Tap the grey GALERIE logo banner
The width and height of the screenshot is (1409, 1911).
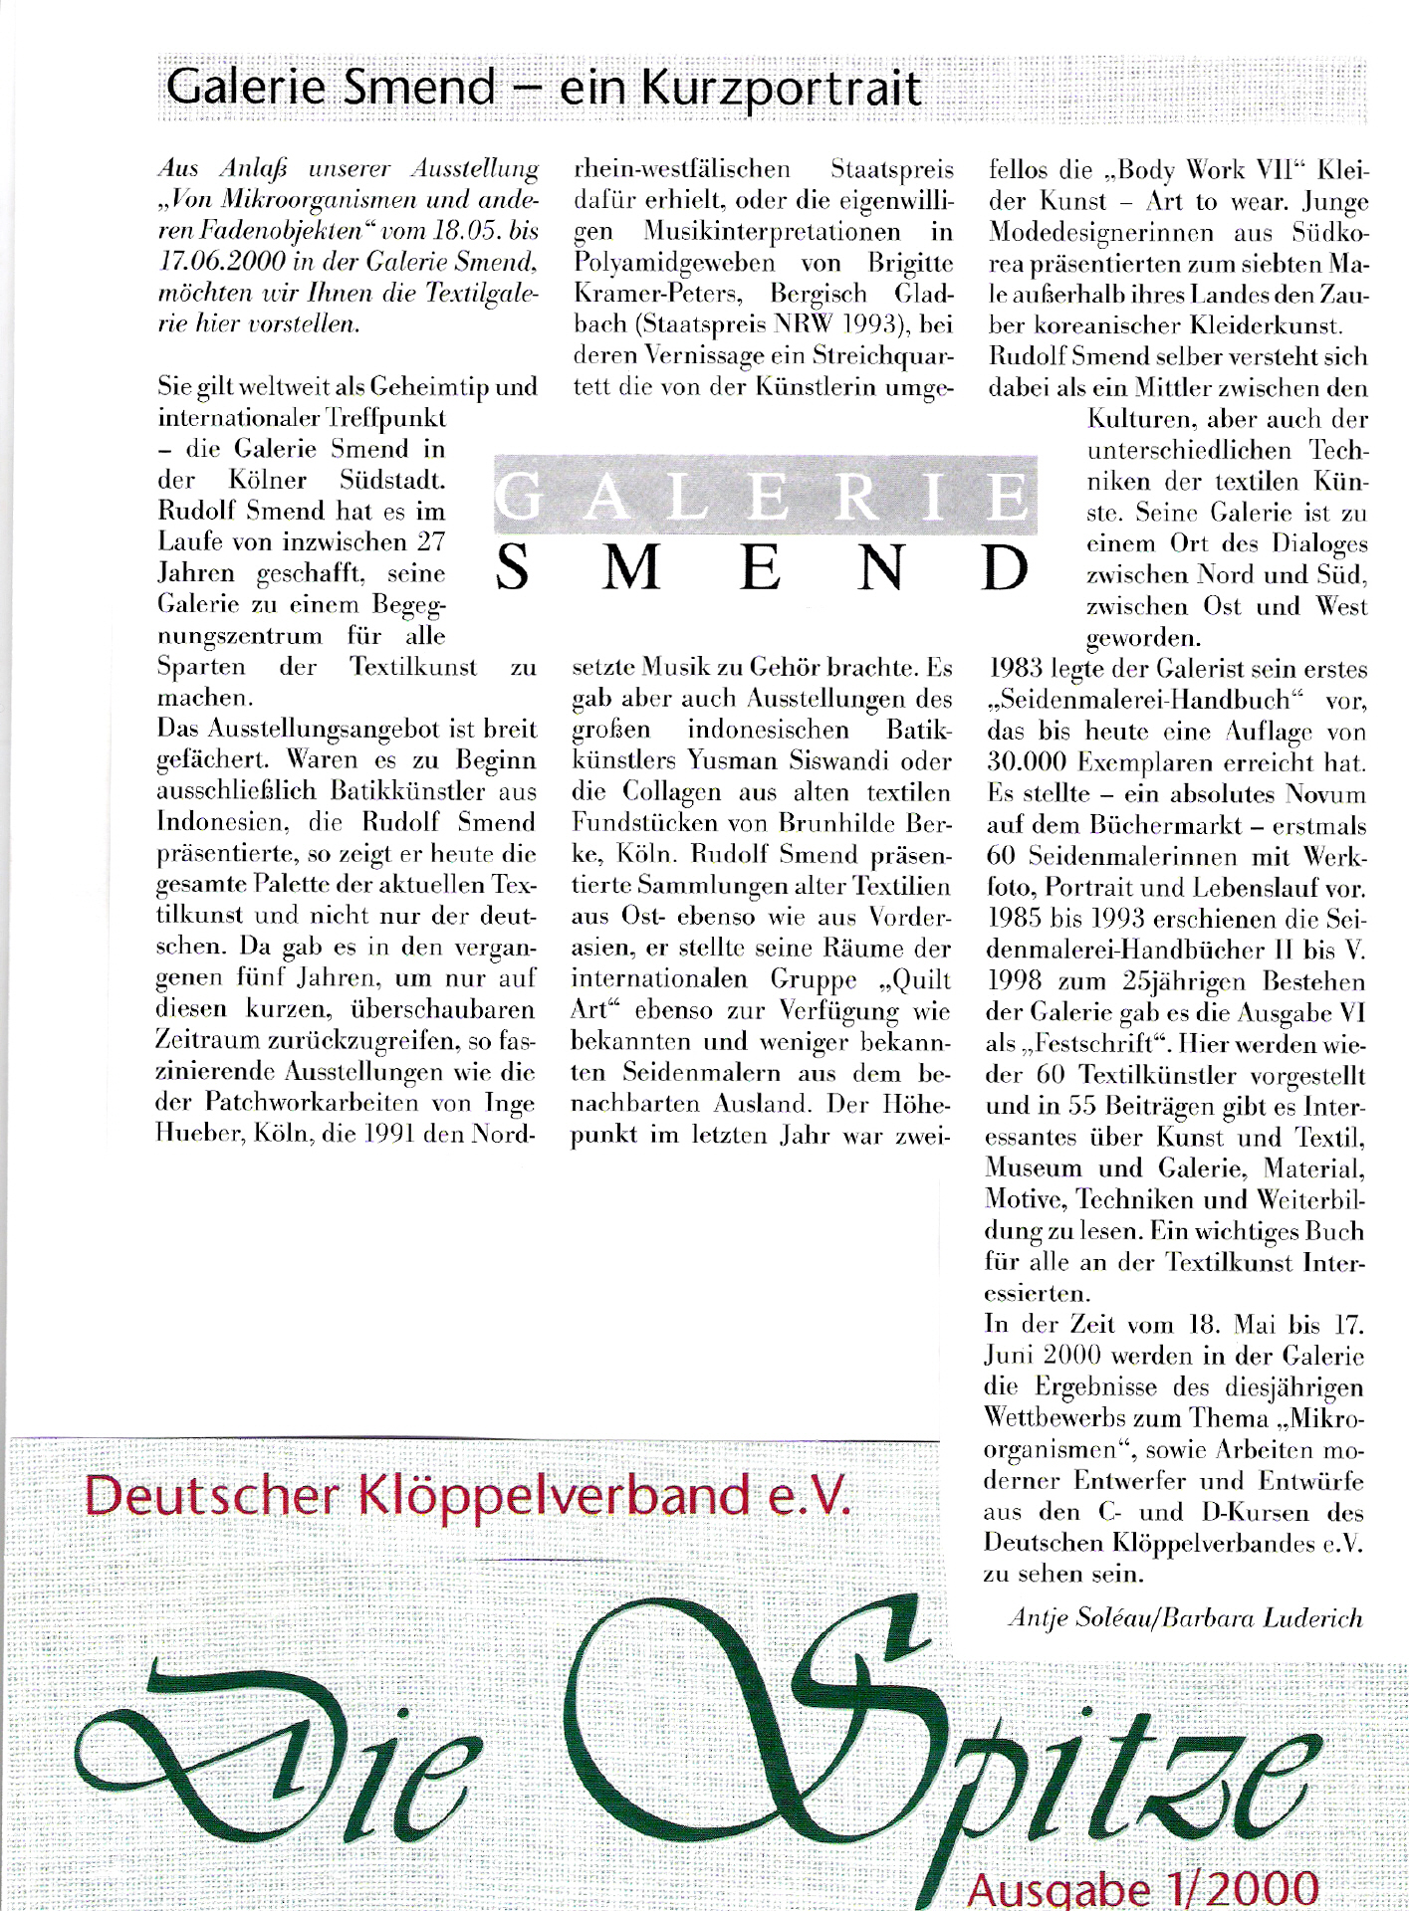pos(765,495)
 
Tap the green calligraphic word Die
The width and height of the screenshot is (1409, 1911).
pos(279,1782)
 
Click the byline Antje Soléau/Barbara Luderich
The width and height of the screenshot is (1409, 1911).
pos(1185,1618)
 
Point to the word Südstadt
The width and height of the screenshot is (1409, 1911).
pos(391,480)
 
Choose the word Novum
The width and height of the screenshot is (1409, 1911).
pos(1325,795)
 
